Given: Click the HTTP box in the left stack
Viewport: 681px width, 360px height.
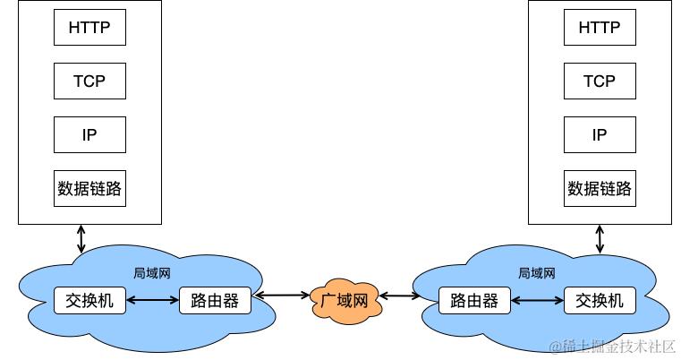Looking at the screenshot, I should coord(89,27).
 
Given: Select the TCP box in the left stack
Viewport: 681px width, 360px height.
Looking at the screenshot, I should coord(89,81).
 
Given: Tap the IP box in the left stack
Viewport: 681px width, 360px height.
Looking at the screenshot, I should coord(89,134).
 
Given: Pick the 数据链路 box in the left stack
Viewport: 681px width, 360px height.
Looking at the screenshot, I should coord(89,188).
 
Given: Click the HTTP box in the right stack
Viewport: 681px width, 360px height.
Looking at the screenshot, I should coord(599,27).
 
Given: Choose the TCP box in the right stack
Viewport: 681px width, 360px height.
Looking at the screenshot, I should coord(599,81).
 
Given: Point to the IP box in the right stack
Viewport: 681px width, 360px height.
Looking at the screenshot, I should coord(599,134).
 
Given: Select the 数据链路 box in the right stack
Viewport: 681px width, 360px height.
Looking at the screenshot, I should coord(599,188).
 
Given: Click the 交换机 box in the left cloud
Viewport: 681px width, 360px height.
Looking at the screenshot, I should coord(89,300).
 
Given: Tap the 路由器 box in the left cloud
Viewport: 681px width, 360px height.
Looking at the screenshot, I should coord(215,300).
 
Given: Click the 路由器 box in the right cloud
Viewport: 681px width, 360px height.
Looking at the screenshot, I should coord(474,300).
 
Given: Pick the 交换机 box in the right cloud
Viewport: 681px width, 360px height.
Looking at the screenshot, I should coord(599,300).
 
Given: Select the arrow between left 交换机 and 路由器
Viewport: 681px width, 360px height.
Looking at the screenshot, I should coord(152,300).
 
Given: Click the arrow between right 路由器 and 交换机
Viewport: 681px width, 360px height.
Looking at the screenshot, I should coord(537,300).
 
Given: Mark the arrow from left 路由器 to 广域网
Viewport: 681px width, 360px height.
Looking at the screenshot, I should coord(281,295).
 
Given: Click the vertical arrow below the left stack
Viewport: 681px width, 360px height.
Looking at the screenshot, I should coord(81,238).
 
